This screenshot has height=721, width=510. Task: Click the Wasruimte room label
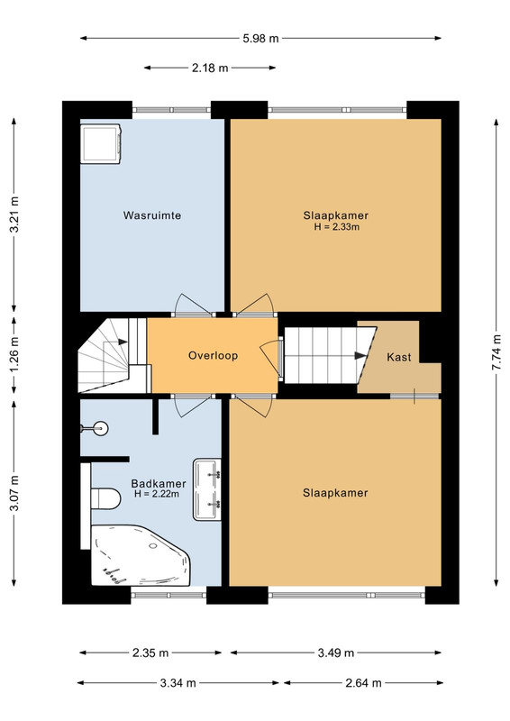151,215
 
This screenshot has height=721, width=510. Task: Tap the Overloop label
213,355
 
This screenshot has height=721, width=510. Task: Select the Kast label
398,357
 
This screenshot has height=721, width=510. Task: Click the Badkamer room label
159,484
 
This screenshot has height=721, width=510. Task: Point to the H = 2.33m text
337,227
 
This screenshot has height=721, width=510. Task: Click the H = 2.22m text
157,494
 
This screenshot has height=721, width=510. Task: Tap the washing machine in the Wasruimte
101,143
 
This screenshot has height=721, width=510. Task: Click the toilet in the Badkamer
105,498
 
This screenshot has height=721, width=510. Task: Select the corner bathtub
141,555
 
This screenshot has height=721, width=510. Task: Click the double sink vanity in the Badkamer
207,489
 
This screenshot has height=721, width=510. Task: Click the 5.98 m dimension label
260,39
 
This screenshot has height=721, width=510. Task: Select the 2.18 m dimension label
210,68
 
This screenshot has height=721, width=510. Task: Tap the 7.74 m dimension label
496,352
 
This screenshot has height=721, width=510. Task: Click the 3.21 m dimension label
14,214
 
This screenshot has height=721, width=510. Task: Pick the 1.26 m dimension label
14,355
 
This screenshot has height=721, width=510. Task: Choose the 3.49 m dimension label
336,653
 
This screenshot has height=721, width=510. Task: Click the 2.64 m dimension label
363,683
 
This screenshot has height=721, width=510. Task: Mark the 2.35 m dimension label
150,653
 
